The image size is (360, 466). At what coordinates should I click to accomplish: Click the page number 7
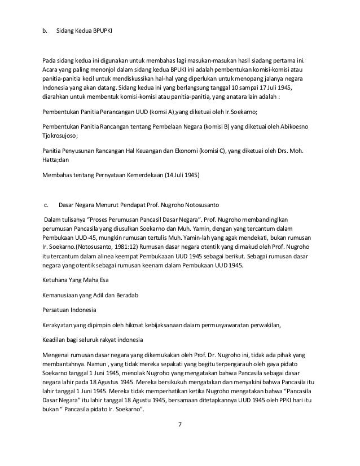click(180, 439)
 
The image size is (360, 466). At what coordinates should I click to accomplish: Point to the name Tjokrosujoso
click(62, 136)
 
